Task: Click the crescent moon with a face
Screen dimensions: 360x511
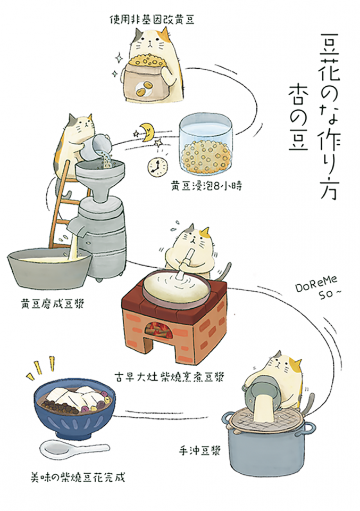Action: (x=147, y=131)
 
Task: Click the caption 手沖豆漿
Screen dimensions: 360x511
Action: (x=200, y=451)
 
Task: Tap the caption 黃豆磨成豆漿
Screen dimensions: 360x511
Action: (x=53, y=304)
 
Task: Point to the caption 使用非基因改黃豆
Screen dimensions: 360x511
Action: (x=152, y=20)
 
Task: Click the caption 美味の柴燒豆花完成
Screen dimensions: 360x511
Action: (x=78, y=478)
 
